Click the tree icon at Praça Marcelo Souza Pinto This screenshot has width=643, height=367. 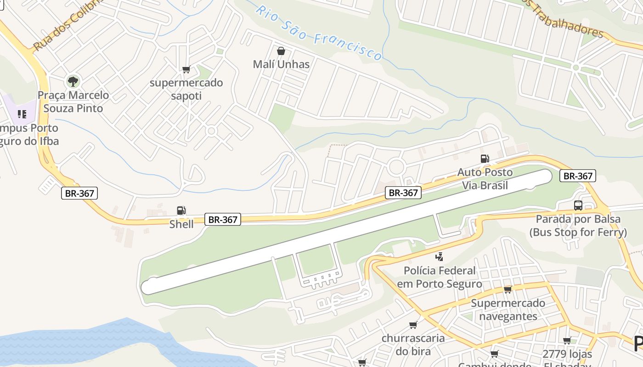73,82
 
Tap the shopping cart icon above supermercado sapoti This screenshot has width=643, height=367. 186,70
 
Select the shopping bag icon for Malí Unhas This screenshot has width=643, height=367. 281,51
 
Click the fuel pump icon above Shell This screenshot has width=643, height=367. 181,211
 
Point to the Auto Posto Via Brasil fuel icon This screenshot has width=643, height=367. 485,159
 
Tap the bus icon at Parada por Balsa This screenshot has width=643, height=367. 578,206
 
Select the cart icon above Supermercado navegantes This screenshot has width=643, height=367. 508,289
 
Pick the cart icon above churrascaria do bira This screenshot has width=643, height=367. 413,325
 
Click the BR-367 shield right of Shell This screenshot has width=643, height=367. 223,220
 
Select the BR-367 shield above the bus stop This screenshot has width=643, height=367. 577,176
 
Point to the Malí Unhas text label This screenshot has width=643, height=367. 281,64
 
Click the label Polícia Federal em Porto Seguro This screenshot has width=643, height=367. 440,277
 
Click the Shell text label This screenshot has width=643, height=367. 181,224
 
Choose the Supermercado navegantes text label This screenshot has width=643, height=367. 508,310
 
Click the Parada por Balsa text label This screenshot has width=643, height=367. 578,225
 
